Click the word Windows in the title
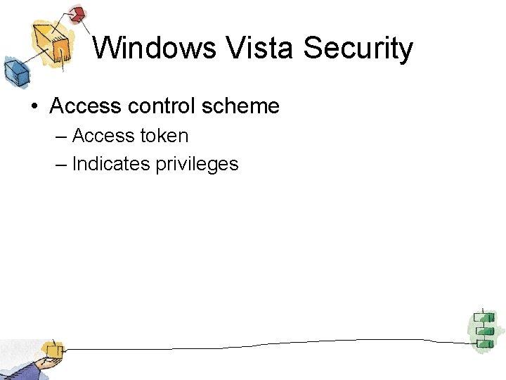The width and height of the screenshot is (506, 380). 154,49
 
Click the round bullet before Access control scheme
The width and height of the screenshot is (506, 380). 33,107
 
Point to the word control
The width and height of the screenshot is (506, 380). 161,106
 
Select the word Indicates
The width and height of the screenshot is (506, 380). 111,164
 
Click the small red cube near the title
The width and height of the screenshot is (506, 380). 77,13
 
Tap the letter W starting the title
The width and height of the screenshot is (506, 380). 106,49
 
